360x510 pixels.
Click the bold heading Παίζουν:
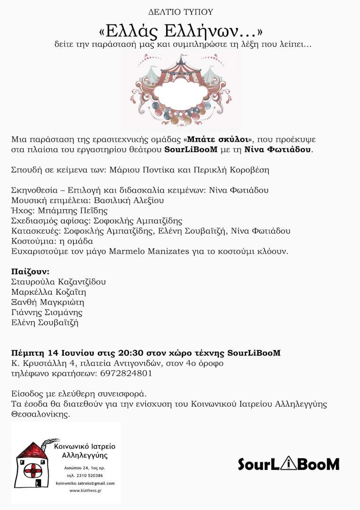point(30,272)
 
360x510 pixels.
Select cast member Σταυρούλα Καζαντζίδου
point(59,282)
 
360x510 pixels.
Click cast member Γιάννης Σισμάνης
point(46,313)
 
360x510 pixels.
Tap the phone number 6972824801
point(126,374)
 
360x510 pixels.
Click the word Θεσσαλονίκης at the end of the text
point(40,414)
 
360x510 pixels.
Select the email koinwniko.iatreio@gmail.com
point(85,483)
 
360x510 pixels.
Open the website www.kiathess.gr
point(85,491)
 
